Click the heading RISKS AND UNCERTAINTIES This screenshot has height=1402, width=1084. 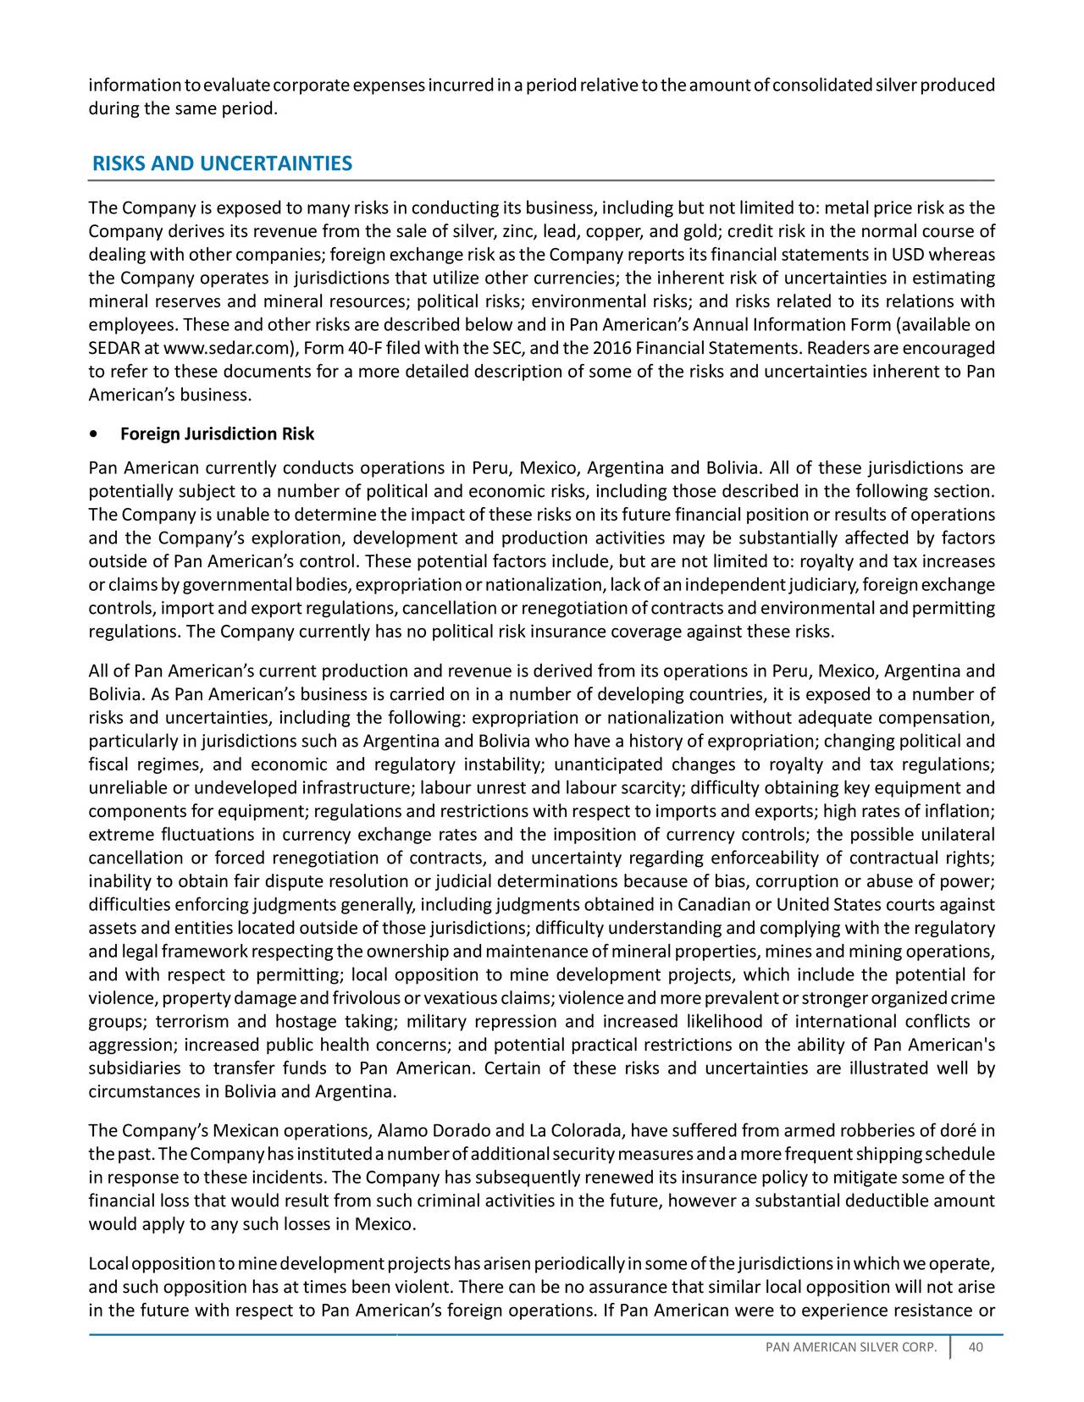tap(222, 163)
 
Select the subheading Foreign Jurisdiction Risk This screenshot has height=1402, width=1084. tap(218, 434)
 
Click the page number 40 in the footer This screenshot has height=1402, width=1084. tap(975, 1350)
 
